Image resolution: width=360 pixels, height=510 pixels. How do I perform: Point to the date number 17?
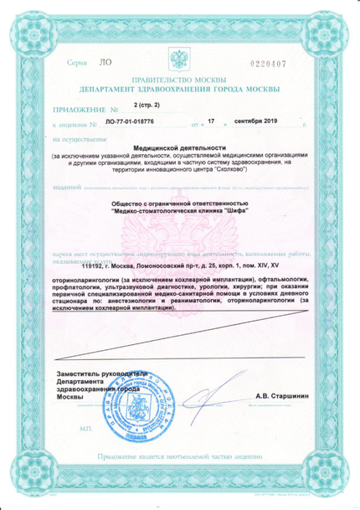(x=211, y=122)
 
